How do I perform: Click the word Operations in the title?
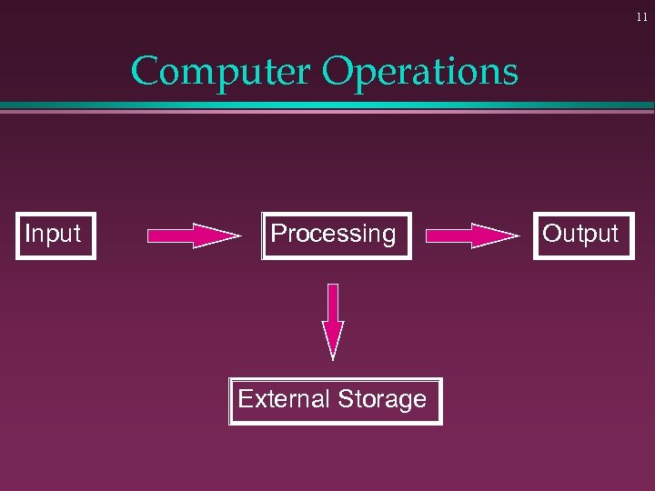click(x=420, y=72)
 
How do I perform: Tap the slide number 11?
click(x=641, y=17)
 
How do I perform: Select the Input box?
click(x=55, y=235)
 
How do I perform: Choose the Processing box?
click(x=335, y=235)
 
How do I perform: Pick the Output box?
click(x=583, y=235)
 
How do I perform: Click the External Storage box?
click(x=335, y=401)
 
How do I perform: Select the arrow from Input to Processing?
click(x=193, y=236)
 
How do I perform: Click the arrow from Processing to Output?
click(x=471, y=236)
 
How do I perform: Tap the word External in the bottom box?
click(x=283, y=399)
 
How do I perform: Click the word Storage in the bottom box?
click(x=381, y=400)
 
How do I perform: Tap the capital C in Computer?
click(x=146, y=72)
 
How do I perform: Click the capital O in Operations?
click(x=338, y=72)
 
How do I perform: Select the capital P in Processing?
click(x=278, y=234)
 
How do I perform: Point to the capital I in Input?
click(x=28, y=234)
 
